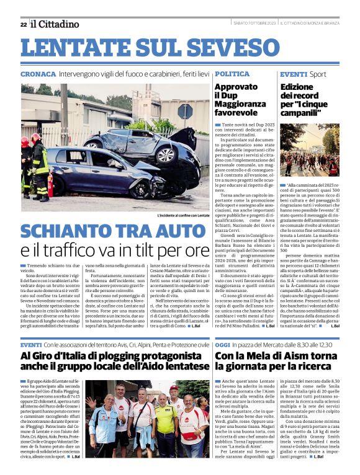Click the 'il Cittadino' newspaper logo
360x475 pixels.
(55, 24)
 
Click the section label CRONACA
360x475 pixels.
(38, 74)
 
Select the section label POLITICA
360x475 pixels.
(232, 74)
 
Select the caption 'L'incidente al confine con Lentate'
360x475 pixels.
(184, 215)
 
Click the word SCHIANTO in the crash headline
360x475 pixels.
(67, 231)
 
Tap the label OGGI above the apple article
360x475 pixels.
(224, 344)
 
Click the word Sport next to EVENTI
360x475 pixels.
(318, 74)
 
